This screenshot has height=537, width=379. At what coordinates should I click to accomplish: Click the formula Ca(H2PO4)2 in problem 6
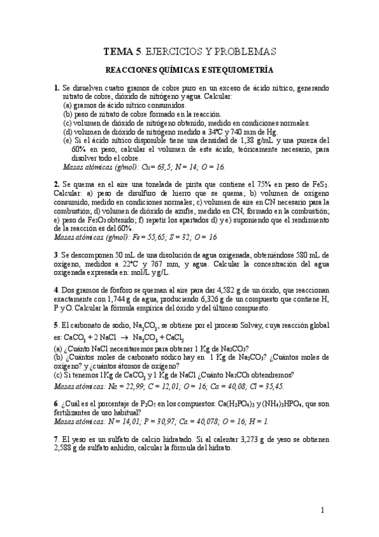247,402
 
